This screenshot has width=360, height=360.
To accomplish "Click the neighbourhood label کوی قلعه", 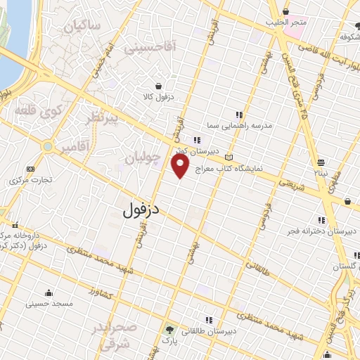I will click(x=34, y=111).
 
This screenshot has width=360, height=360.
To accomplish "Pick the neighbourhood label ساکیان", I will click(x=82, y=27).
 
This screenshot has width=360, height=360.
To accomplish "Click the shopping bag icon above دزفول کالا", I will click(x=162, y=85).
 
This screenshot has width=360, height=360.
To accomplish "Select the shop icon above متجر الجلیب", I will click(x=286, y=12).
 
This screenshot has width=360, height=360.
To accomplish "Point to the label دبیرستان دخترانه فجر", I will click(x=319, y=230).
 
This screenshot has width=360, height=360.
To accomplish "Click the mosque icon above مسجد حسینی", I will click(x=49, y=293).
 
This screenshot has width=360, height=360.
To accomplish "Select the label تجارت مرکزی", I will click(x=29, y=180).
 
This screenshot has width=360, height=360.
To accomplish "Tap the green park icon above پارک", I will click(x=168, y=329).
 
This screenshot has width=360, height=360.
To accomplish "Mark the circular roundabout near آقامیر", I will click(x=48, y=147).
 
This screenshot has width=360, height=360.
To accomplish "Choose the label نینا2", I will click(x=321, y=172).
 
